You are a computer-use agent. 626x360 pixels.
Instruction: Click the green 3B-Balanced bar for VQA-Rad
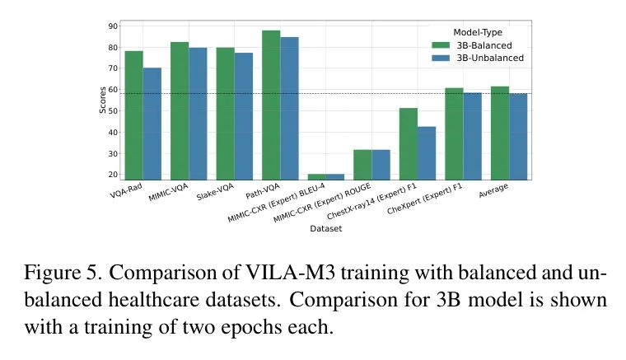(133, 115)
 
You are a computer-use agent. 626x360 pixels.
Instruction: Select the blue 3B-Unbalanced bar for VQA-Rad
(152, 124)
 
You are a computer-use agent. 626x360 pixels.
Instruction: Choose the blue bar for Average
(518, 136)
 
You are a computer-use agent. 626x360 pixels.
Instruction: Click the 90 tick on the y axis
(112, 26)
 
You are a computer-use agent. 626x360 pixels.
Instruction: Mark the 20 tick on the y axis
(112, 175)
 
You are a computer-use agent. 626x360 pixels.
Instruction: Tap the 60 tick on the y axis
(112, 90)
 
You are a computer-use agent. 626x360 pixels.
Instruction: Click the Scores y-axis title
(103, 100)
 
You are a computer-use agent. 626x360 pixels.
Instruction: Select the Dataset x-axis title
(325, 229)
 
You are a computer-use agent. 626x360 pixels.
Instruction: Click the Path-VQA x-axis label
(264, 191)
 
